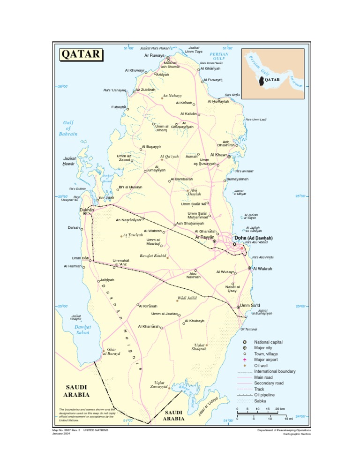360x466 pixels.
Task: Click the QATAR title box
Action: pyautogui.click(x=80, y=54)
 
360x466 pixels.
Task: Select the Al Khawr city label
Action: pyautogui.click(x=218, y=155)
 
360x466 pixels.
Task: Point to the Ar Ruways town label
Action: pyautogui.click(x=154, y=56)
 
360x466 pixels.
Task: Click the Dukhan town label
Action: pyautogui.click(x=87, y=210)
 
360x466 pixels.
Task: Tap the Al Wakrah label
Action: pyautogui.click(x=263, y=269)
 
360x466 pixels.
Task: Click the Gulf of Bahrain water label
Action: pyautogui.click(x=68, y=128)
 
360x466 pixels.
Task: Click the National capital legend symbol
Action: pyautogui.click(x=245, y=343)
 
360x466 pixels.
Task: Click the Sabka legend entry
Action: pyautogui.click(x=260, y=401)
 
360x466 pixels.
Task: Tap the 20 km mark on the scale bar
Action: pyautogui.click(x=280, y=409)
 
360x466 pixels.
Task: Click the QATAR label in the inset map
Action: pyautogui.click(x=272, y=80)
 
